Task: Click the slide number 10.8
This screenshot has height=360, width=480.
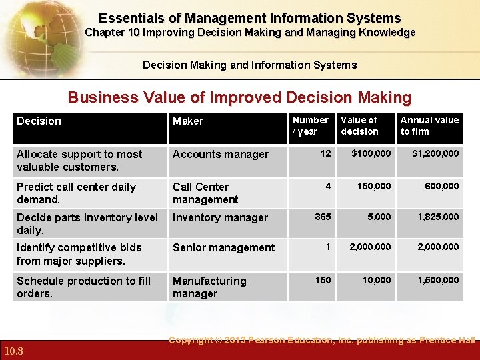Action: (14, 351)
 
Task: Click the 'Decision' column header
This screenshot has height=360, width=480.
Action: (39, 121)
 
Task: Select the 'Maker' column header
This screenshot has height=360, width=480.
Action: (188, 121)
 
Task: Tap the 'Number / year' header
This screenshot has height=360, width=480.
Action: (310, 125)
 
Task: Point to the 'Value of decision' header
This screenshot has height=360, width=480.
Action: (359, 125)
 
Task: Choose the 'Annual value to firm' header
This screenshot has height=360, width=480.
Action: (429, 125)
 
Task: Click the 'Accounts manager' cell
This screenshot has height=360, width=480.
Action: (221, 154)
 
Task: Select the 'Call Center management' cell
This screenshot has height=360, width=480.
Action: (205, 193)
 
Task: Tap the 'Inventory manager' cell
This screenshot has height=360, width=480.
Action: (220, 217)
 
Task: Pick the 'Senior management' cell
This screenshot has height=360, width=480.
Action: (223, 247)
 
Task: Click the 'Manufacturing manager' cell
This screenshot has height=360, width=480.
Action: (209, 287)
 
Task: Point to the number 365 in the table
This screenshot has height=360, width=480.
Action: (323, 216)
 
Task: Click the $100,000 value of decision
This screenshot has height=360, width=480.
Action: (371, 153)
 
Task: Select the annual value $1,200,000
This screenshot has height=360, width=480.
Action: (435, 153)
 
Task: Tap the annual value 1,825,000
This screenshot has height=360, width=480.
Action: (438, 216)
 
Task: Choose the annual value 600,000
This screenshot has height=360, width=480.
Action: (443, 186)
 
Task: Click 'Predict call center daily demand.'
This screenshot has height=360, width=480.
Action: (76, 193)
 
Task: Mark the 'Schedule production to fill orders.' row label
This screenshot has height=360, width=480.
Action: (83, 287)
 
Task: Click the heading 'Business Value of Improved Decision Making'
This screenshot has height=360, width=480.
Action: (239, 97)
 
